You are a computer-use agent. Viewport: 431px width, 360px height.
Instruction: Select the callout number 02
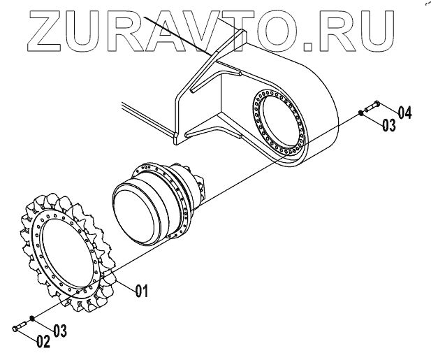(43, 342)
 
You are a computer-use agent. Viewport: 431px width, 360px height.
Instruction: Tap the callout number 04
(405, 112)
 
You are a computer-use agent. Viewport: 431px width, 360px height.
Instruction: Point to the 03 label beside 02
(61, 331)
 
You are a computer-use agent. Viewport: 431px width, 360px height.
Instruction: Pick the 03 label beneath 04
(389, 125)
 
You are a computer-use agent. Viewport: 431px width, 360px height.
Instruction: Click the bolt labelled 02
(20, 326)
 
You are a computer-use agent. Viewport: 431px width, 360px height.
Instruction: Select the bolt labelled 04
(371, 106)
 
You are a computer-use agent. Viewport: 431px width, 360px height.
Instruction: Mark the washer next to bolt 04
(360, 112)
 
